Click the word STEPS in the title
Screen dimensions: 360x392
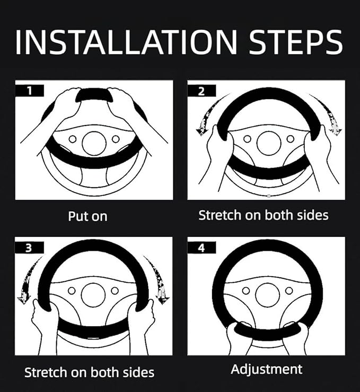[296, 42]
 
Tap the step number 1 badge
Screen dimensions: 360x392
[30, 91]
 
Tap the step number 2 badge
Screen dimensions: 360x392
[201, 91]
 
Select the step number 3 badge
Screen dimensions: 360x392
[29, 247]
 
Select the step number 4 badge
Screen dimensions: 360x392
[201, 247]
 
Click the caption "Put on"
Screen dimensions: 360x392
[87, 216]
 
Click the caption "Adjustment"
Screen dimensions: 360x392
[267, 370]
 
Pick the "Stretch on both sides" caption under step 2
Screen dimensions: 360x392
[264, 215]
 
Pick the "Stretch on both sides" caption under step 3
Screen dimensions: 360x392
[89, 372]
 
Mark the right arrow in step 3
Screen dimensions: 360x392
[157, 278]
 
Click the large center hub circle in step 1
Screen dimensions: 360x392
[94, 143]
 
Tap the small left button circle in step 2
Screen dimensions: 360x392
[247, 139]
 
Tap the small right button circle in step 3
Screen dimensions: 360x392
[115, 291]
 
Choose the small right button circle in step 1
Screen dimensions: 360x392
[116, 139]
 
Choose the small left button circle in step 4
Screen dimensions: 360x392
[246, 291]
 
